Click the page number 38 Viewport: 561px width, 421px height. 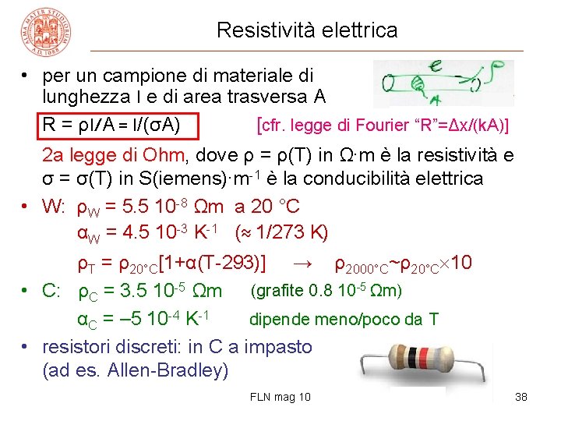click(522, 398)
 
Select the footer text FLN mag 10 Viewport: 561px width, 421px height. click(280, 398)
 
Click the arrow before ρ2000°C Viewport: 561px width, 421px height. click(305, 264)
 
